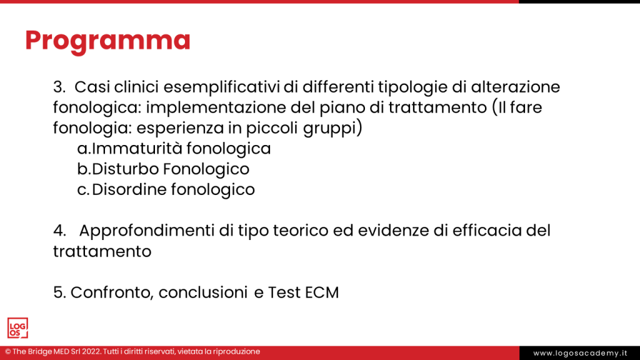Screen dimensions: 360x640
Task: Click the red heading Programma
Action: (107, 40)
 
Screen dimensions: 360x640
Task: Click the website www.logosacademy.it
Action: (579, 353)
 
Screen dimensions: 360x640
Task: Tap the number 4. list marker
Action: (60, 231)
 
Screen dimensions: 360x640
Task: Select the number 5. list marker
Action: (60, 292)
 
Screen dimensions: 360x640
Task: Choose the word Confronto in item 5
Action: (112, 292)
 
